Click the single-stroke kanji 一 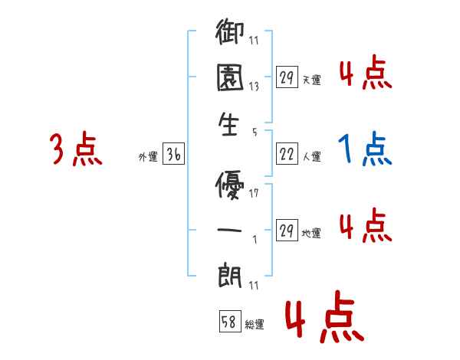228,227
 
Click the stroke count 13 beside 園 253,87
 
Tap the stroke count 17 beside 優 253,193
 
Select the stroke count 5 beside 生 253,131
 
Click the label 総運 255,325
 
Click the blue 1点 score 365,149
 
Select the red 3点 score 76,149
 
